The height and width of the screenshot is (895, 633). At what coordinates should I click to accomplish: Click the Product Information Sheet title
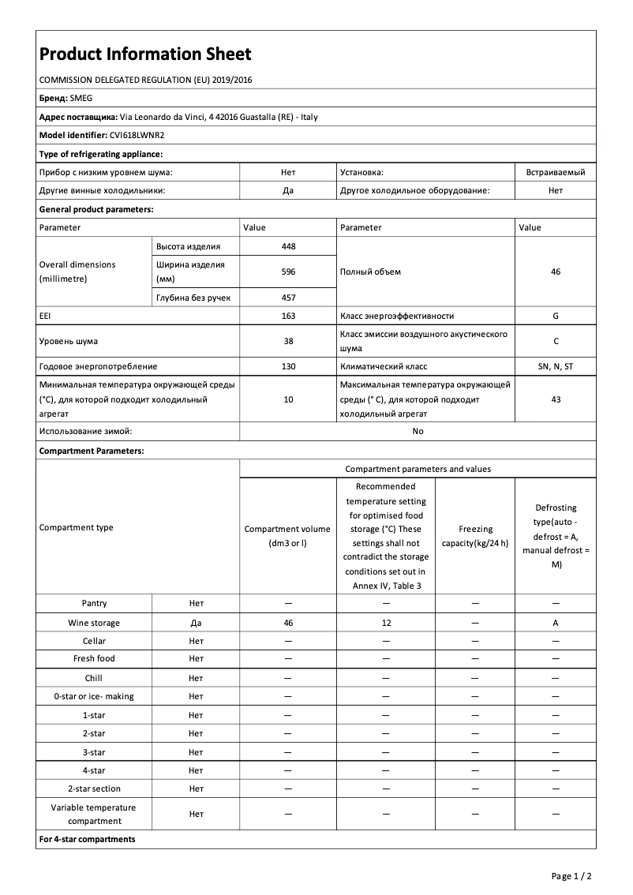[145, 54]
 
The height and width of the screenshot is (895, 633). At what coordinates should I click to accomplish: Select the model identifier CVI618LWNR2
[132, 135]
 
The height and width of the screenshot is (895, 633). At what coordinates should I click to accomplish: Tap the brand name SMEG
[82, 99]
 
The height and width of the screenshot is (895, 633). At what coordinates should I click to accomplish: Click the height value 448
[288, 246]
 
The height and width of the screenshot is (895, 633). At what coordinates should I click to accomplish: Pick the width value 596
[288, 271]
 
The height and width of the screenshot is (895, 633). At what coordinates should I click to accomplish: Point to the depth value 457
[288, 297]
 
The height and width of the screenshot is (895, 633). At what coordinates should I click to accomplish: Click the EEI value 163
[288, 316]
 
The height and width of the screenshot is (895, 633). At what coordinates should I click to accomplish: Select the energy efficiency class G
[556, 316]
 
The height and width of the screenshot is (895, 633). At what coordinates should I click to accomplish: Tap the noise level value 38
[288, 341]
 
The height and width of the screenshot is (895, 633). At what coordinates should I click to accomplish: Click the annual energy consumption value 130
[288, 366]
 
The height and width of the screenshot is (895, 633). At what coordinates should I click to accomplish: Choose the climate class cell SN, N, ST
[556, 366]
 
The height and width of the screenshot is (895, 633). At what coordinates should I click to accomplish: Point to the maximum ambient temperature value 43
[556, 399]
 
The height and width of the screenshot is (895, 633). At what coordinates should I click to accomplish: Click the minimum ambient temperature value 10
[288, 399]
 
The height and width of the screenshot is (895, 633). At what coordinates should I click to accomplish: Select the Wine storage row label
[94, 623]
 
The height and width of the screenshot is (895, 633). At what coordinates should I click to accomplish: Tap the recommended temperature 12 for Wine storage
[386, 623]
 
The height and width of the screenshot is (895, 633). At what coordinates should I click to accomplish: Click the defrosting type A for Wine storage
[556, 623]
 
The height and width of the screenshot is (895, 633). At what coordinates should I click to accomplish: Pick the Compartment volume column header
[288, 535]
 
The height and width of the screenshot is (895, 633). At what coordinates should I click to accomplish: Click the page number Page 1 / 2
[571, 876]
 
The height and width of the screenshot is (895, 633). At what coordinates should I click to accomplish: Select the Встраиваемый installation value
[556, 171]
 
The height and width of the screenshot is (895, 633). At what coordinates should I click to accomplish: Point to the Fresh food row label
[94, 658]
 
